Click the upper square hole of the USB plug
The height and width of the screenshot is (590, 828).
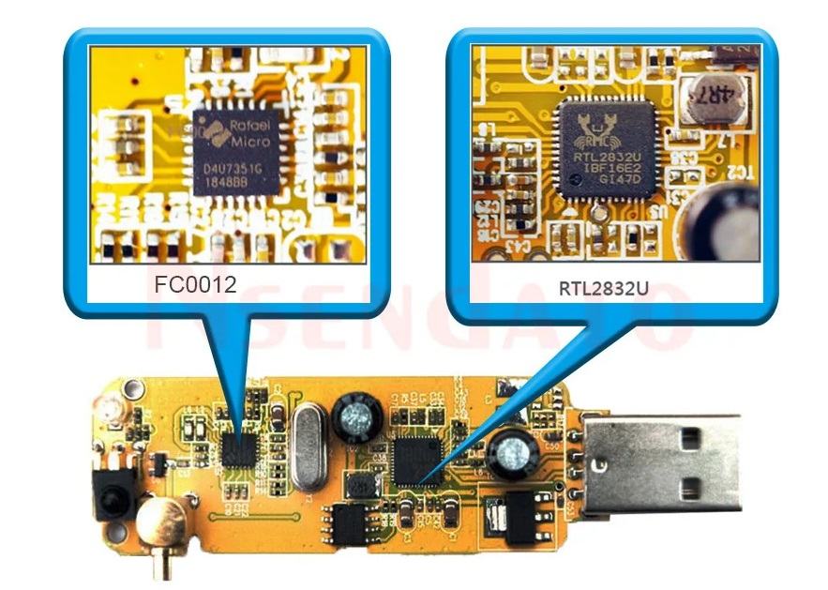tap(693, 437)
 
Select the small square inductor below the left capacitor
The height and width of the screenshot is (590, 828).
tap(360, 484)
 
